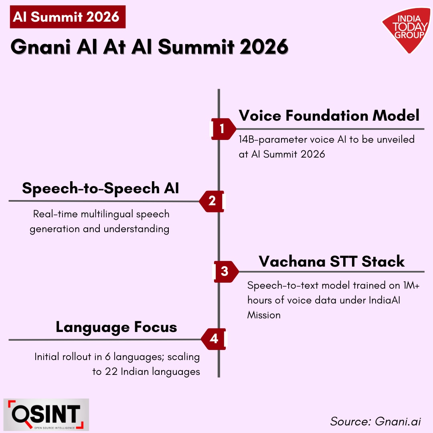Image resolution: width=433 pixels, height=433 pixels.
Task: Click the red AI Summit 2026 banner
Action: (x=68, y=17)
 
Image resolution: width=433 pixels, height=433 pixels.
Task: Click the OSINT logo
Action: (x=46, y=415)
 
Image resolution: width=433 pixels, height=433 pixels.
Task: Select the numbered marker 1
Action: (x=223, y=129)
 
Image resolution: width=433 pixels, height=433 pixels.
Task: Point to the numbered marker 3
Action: (x=225, y=271)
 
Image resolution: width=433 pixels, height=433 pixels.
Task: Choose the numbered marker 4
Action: (x=214, y=339)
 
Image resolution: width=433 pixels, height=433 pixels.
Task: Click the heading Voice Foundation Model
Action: (x=329, y=115)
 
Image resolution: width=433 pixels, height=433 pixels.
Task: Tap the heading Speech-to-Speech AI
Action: (x=101, y=188)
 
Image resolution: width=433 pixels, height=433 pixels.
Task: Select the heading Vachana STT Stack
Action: (x=332, y=261)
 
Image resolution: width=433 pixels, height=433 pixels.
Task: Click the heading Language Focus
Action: (x=116, y=328)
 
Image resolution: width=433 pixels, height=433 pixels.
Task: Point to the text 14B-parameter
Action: (x=273, y=140)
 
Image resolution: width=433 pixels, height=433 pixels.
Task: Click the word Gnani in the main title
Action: (x=40, y=47)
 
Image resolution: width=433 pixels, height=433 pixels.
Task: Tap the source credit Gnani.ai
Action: (x=398, y=421)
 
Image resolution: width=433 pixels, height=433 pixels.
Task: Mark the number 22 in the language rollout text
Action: (x=111, y=372)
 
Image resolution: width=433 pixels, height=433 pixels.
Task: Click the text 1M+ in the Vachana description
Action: (x=411, y=285)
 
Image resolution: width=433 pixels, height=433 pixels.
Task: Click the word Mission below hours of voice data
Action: (x=264, y=315)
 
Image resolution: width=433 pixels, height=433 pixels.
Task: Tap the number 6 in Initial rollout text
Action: (x=108, y=357)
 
